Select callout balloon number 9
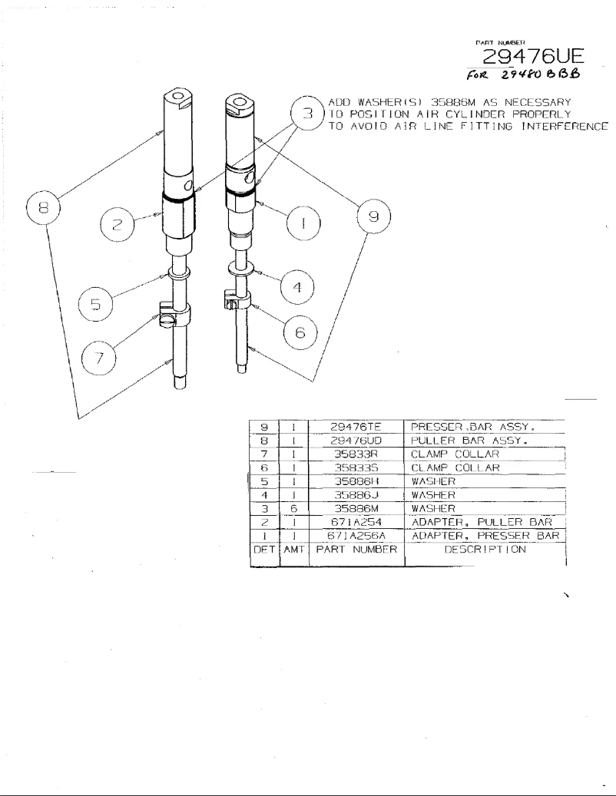(x=373, y=217)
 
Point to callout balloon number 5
(x=95, y=305)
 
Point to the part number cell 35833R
(x=355, y=454)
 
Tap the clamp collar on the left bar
(x=174, y=313)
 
